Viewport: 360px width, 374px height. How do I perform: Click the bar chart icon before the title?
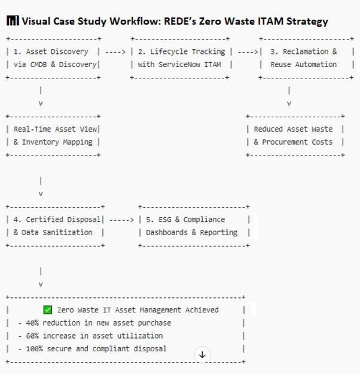13,21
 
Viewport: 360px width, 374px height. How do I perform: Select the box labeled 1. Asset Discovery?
53,58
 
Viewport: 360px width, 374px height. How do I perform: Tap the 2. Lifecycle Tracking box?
181,58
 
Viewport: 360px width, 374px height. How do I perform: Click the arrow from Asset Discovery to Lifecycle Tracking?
115,52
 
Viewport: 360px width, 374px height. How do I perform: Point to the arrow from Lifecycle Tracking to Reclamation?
247,52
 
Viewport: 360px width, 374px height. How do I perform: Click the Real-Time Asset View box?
53,135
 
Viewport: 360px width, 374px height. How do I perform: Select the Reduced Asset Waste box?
295,135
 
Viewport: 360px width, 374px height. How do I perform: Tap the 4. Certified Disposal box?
55,226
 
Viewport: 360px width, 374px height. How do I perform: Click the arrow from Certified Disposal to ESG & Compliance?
122,220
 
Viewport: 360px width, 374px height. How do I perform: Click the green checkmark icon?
48,310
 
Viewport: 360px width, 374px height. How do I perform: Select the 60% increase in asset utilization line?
90,336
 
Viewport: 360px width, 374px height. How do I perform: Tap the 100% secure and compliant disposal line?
92,349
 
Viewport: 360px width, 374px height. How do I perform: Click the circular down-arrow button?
202,354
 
